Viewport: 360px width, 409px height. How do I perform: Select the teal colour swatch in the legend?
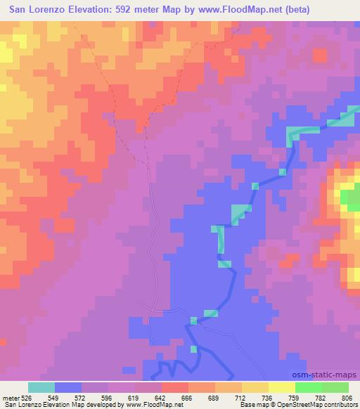(x=41, y=387)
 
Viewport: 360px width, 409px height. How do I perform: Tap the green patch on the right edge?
(x=349, y=200)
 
